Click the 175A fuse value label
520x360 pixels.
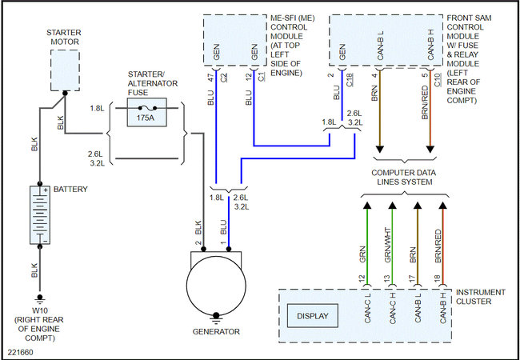click(146, 118)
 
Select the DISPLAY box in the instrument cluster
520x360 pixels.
click(312, 316)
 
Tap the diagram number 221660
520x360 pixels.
click(21, 352)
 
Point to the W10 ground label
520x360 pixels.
click(39, 311)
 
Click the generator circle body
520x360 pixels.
click(216, 286)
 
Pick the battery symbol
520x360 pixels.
click(40, 215)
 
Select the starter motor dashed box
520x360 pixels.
click(65, 70)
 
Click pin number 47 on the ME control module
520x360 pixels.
click(210, 78)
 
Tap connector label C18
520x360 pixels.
click(350, 79)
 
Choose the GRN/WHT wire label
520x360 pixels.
click(388, 245)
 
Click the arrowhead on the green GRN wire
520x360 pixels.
click(366, 206)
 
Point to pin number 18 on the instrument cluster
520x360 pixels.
click(438, 278)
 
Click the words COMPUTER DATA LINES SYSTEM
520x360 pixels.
click(403, 178)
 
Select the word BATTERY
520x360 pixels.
click(70, 190)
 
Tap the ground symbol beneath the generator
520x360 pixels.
click(216, 318)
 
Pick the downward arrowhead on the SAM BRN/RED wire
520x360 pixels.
click(430, 149)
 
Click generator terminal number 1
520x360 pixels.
click(224, 243)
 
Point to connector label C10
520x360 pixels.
click(438, 79)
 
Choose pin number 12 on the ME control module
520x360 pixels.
click(249, 78)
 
